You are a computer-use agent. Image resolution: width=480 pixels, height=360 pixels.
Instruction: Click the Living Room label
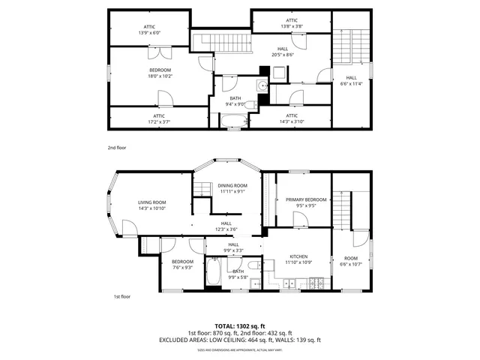click(x=151, y=202)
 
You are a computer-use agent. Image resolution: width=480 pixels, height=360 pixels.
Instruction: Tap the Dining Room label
click(x=232, y=185)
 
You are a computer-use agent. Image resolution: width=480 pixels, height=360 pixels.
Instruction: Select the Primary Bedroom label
click(x=306, y=199)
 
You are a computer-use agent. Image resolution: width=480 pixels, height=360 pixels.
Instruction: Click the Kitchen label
click(x=297, y=257)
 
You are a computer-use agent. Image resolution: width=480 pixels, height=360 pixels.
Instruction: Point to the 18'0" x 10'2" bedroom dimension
click(x=160, y=76)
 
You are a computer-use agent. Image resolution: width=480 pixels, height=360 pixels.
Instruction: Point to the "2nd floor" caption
click(x=116, y=148)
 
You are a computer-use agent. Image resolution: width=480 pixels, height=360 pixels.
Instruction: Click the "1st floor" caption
click(x=121, y=296)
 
